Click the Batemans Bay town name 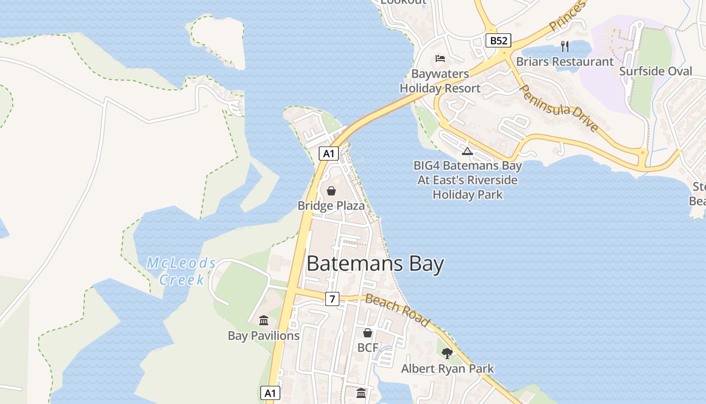coord(375,264)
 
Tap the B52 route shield coord(499,40)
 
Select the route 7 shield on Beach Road coord(332,299)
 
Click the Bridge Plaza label coord(331,206)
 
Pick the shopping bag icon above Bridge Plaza coord(331,191)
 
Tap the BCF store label coord(368,347)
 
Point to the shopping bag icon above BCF coord(368,333)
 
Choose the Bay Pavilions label coord(264,336)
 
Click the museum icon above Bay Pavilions coord(264,321)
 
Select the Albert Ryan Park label coord(447,369)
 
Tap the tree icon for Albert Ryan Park coord(447,353)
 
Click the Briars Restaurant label coord(565,62)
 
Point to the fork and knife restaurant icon coord(565,46)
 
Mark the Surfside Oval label coord(656,71)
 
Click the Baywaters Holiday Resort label coord(440,81)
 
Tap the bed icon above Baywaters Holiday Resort coord(440,59)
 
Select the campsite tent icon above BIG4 coord(467,151)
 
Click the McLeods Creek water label coord(182,271)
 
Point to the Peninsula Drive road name coord(559,108)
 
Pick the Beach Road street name coord(398,311)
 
